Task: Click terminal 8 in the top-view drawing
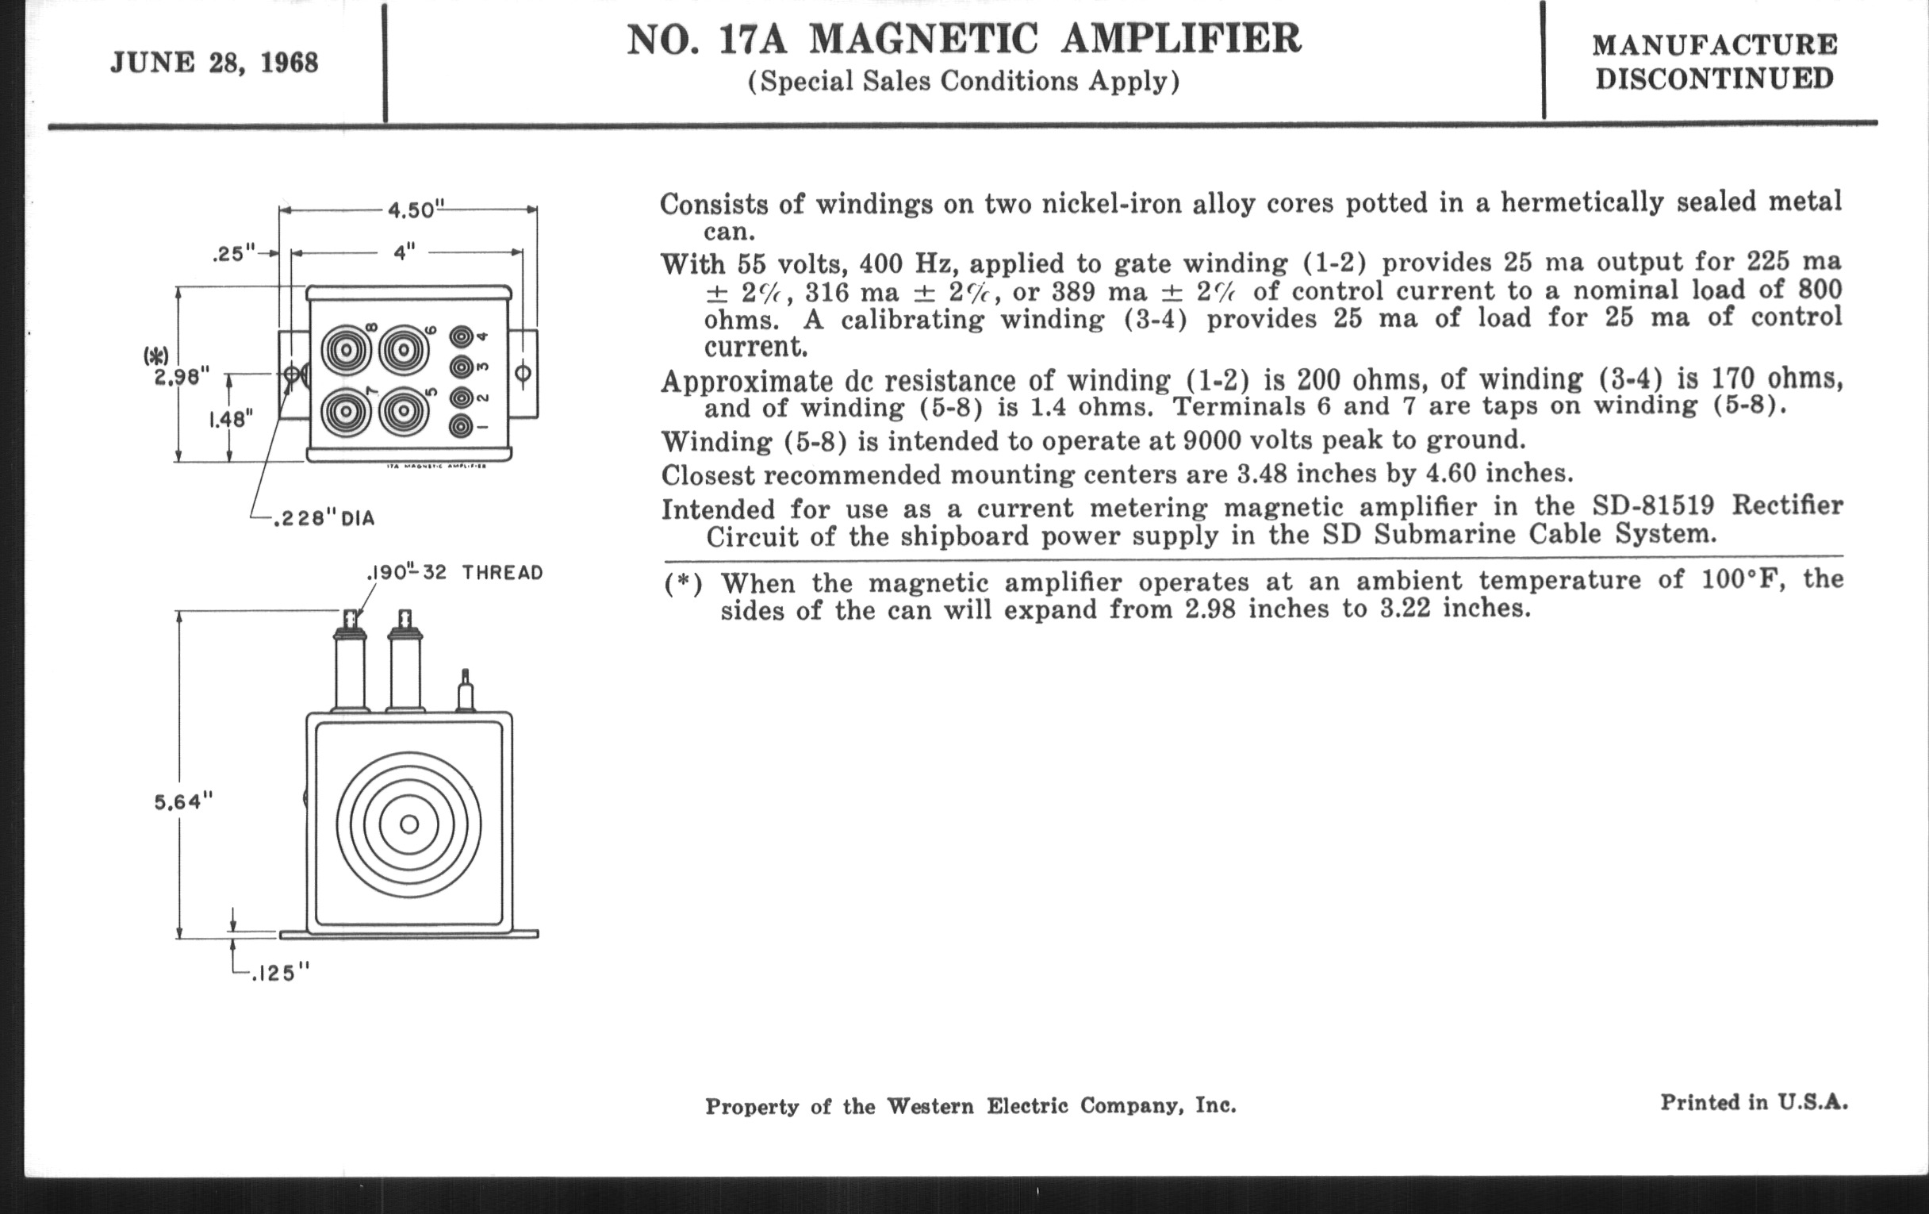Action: pos(347,351)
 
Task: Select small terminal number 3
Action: pos(462,368)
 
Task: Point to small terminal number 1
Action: pos(462,426)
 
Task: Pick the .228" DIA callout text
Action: pos(324,519)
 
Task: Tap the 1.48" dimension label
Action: pos(231,418)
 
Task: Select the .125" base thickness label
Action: pos(280,974)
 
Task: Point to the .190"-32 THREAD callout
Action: pos(454,573)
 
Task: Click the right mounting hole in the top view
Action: pos(523,374)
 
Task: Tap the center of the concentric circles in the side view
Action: pos(409,824)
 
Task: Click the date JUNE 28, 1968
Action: pos(214,63)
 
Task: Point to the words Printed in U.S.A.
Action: pos(1754,1104)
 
